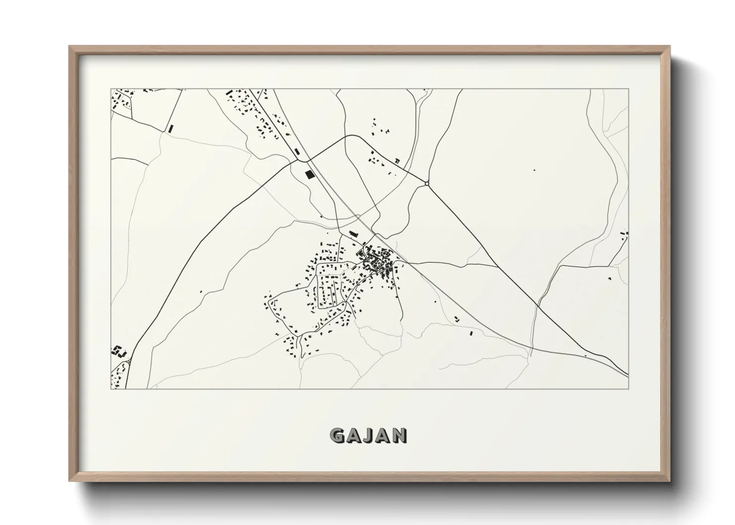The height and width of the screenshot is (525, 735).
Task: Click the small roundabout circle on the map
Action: pos(427,184)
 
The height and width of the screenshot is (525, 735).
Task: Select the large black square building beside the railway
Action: pos(310,175)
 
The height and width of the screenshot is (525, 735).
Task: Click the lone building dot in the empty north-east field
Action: pos(534,170)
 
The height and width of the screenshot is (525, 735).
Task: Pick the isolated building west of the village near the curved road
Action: pos(201,292)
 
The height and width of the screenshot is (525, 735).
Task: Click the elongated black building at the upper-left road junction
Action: pos(171,128)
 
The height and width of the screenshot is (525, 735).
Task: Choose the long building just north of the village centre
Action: pos(353,233)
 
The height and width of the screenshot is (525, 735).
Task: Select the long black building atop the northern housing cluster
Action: pos(229,93)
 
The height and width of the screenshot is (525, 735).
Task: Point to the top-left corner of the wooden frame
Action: pos(70,47)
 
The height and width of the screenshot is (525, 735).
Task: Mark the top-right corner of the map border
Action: pos(628,89)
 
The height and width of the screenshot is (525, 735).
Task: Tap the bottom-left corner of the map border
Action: pos(111,389)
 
